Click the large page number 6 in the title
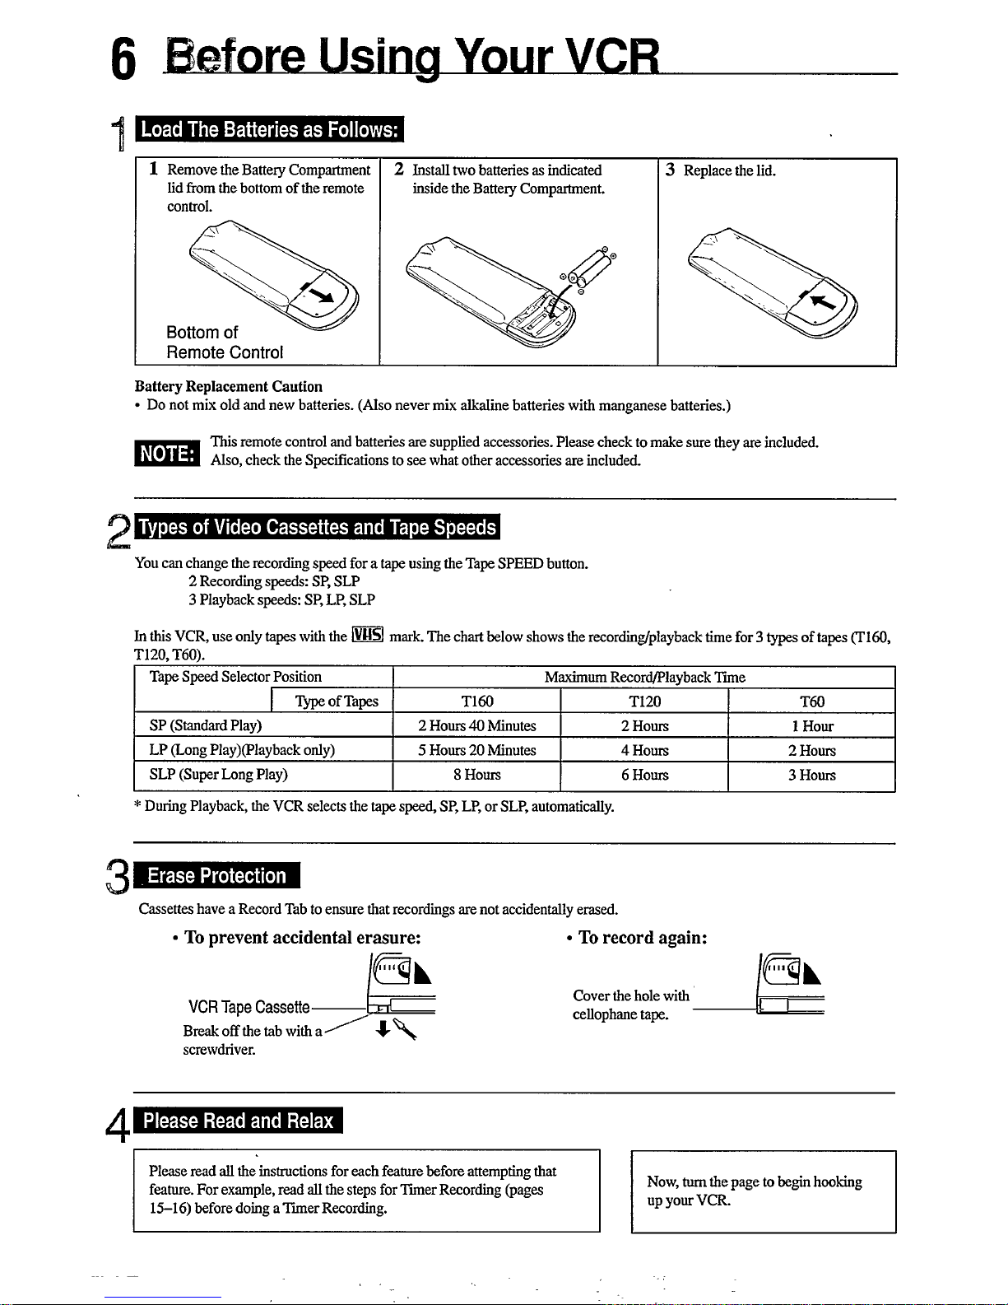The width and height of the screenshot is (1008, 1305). click(123, 59)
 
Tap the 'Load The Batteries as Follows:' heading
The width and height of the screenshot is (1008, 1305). click(269, 130)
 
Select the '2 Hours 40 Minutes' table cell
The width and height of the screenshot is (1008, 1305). click(476, 725)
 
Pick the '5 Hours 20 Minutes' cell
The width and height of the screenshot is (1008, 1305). click(476, 750)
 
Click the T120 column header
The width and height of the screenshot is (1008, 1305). click(644, 701)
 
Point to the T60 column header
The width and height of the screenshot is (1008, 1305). click(811, 701)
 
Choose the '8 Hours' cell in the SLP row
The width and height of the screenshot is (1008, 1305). click(476, 775)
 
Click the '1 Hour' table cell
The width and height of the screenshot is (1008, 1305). click(811, 725)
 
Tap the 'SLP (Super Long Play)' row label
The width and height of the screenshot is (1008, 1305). click(218, 775)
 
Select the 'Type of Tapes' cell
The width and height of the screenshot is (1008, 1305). click(336, 701)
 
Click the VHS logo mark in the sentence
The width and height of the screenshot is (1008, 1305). click(368, 635)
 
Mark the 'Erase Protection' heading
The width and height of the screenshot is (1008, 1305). click(216, 876)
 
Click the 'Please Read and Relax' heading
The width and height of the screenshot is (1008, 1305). click(238, 1121)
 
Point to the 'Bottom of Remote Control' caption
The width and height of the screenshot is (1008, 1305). click(224, 343)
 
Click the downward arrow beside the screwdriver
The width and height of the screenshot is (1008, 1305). click(382, 1029)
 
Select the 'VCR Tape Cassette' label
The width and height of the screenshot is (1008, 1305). click(249, 1007)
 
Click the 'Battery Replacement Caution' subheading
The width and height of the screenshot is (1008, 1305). click(229, 386)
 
